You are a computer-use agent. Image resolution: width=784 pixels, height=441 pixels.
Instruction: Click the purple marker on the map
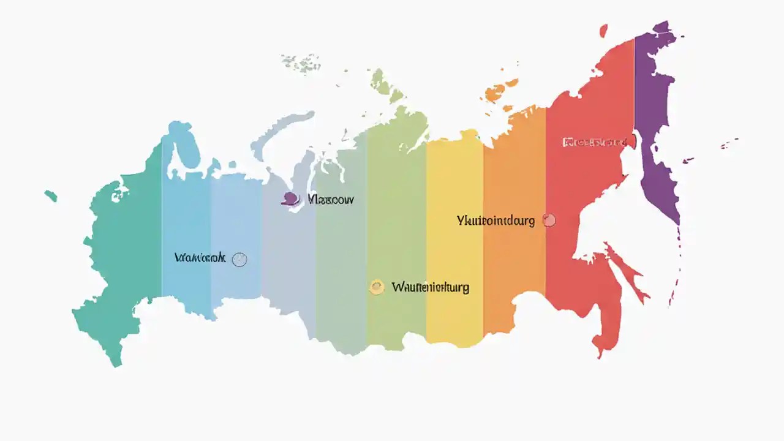coord(291,198)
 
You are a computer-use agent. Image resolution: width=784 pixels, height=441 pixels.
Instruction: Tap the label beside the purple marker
coord(331,199)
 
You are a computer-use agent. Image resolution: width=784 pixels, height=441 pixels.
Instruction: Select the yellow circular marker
coord(377,287)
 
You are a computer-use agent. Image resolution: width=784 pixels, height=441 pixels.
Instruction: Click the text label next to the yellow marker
coord(430,287)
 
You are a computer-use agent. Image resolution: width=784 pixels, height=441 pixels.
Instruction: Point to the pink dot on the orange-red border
coord(549,221)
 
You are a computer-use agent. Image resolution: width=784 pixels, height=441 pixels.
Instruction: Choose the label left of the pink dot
coord(496,221)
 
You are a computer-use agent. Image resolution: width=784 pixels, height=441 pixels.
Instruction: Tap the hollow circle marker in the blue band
coord(239,259)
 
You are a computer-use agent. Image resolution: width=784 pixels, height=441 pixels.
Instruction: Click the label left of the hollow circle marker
coord(200,258)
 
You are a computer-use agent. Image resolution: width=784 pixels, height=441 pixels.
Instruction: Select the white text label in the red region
coord(594,143)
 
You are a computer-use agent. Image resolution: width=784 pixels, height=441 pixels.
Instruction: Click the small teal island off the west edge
coord(51,196)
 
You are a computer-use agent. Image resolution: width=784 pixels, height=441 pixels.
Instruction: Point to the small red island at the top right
coord(603,31)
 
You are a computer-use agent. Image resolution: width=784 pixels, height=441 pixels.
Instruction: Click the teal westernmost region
coord(123,257)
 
